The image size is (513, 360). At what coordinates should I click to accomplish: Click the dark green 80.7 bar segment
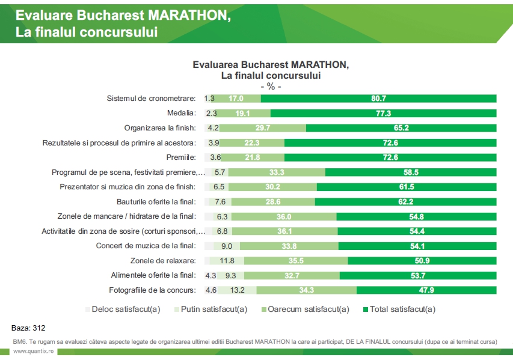tap(378, 98)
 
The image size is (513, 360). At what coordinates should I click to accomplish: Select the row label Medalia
tap(181, 112)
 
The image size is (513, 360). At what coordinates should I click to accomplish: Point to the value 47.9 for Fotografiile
tap(426, 290)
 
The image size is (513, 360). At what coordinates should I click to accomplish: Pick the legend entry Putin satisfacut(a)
tap(210, 310)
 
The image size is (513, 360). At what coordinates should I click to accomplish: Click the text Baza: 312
tap(28, 328)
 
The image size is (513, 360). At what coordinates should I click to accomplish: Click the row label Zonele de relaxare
tap(163, 261)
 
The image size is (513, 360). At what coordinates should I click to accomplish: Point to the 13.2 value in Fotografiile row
tap(238, 290)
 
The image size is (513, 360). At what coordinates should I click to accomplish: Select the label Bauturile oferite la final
tap(156, 201)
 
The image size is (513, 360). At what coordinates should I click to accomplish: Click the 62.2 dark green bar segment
tap(405, 201)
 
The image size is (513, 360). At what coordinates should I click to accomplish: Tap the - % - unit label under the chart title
tap(271, 86)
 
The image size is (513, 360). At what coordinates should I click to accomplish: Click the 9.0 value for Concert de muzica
tap(227, 246)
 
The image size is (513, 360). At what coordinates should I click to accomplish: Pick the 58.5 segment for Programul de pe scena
tap(411, 172)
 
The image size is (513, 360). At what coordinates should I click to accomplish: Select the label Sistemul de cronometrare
tap(151, 98)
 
